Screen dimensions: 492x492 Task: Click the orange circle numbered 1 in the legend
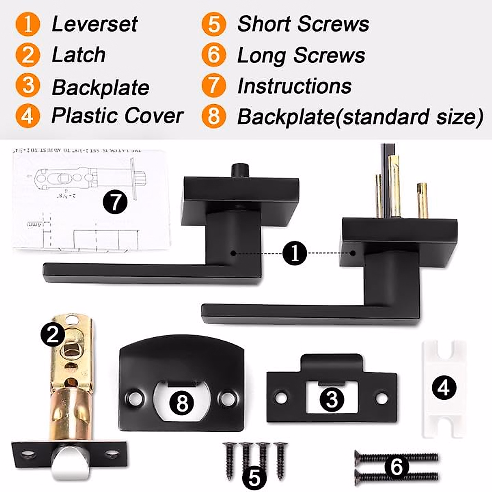[27, 24]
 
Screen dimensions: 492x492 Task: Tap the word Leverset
[95, 24]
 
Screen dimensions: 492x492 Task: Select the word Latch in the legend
[79, 55]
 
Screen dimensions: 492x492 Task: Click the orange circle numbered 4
[27, 116]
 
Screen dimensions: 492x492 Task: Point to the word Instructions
[294, 86]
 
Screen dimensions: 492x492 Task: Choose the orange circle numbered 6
[214, 55]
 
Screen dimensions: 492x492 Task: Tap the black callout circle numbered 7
[115, 202]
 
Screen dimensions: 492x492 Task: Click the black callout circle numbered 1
[294, 253]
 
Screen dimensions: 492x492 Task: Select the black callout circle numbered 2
[52, 335]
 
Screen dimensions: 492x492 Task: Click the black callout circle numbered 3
[331, 399]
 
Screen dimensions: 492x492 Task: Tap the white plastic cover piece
[444, 388]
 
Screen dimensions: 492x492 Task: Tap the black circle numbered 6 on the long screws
[396, 466]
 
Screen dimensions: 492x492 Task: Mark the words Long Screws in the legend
[301, 55]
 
